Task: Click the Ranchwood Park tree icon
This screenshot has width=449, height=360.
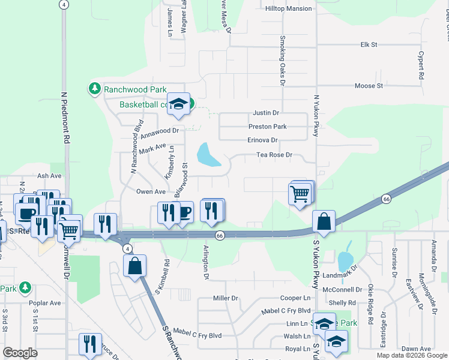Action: [94, 89]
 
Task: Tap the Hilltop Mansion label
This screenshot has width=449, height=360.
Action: [289, 8]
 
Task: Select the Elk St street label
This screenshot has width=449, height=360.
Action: [368, 45]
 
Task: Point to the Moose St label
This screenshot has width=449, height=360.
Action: [369, 86]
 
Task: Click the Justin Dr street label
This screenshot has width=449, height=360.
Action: [266, 113]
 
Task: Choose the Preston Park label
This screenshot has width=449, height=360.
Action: [268, 127]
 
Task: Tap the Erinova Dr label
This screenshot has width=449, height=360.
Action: [262, 140]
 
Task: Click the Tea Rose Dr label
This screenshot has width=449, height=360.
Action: [274, 155]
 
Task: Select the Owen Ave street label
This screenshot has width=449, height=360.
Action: [151, 191]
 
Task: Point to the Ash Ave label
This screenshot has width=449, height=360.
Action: [50, 176]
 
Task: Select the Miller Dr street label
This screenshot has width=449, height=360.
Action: [226, 298]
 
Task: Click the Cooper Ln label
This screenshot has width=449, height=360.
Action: [298, 298]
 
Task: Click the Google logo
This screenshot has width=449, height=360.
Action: [20, 353]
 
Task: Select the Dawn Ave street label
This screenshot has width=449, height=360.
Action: [417, 349]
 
